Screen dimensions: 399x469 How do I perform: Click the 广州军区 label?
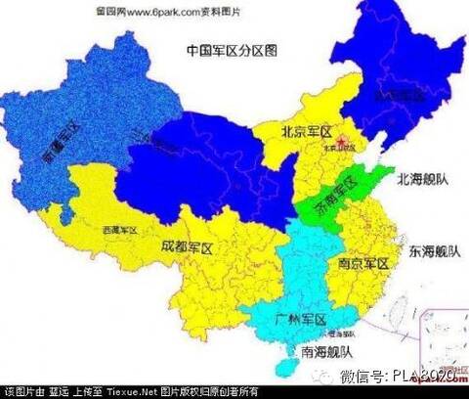[301, 319]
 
